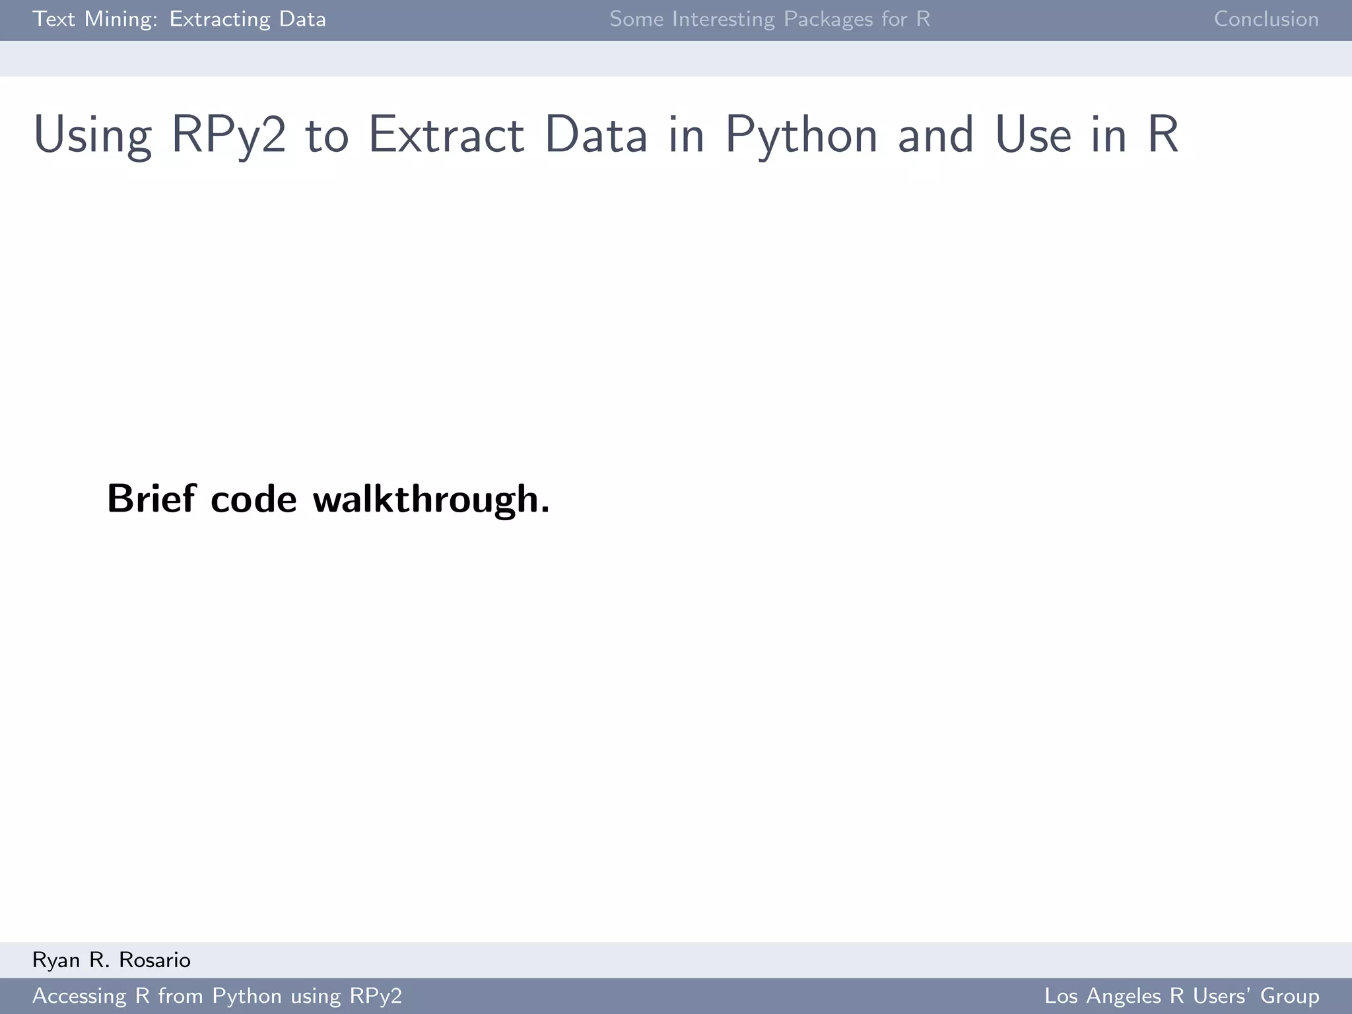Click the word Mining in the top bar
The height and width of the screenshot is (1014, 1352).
(121, 19)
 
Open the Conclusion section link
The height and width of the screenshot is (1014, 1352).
(1266, 19)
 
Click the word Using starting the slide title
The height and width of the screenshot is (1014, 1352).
(92, 135)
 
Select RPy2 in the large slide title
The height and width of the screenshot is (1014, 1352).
(228, 135)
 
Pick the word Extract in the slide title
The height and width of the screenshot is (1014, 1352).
(446, 135)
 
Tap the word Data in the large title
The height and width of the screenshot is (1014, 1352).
(595, 135)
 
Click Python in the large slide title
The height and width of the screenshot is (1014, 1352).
(801, 135)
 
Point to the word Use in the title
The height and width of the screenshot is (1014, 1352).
(1032, 135)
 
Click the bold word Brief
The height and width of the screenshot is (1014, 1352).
(151, 498)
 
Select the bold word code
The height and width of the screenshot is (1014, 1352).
(253, 500)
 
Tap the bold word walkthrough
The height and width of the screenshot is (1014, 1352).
(431, 500)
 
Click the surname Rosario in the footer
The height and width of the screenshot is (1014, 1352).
(154, 960)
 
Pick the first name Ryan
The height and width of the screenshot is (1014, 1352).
(56, 961)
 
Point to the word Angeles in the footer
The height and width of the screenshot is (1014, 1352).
(1122, 996)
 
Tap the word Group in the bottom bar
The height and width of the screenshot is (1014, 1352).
(1289, 996)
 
